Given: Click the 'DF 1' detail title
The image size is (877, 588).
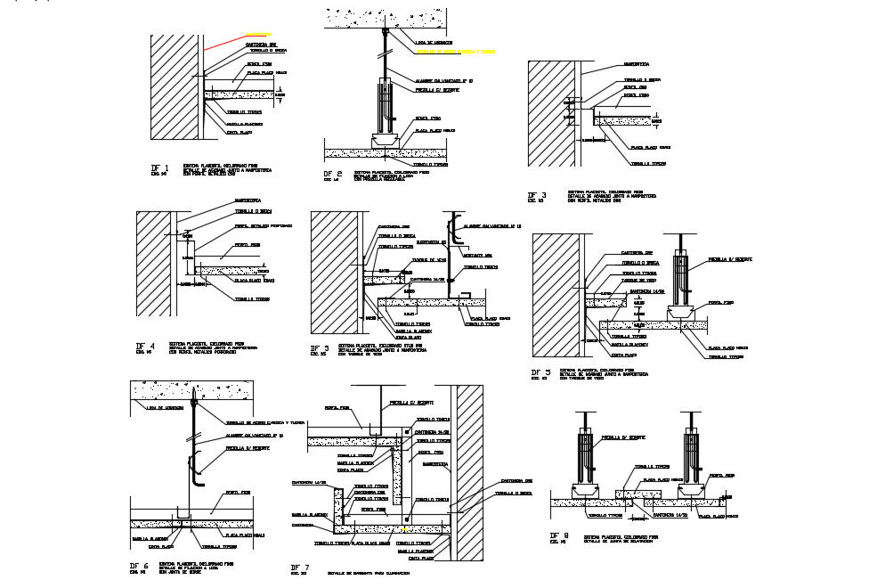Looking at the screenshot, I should pyautogui.click(x=160, y=167).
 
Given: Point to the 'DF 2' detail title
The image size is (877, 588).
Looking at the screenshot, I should pyautogui.click(x=333, y=174).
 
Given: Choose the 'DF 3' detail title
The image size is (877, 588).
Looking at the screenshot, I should pyautogui.click(x=537, y=195).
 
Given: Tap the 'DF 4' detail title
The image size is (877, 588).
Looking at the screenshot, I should pyautogui.click(x=145, y=346).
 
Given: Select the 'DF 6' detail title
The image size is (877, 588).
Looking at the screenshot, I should pyautogui.click(x=139, y=566).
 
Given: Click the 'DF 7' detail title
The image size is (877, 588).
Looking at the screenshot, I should pyautogui.click(x=300, y=568).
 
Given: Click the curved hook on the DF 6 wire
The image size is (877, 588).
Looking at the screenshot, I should pyautogui.click(x=198, y=470).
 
